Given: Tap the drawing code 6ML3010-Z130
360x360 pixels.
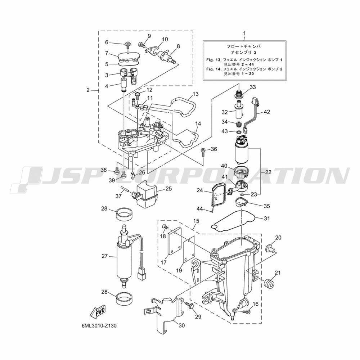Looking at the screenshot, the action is (99, 325).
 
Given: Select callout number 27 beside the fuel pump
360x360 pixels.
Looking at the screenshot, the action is (104, 256).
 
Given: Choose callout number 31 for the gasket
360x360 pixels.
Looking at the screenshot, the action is (266, 218).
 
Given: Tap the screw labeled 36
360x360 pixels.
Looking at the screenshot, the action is (203, 152).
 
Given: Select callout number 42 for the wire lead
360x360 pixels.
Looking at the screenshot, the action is (266, 112).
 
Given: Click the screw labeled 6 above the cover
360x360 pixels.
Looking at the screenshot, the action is (127, 45).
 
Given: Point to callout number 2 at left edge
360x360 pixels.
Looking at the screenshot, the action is (88, 90).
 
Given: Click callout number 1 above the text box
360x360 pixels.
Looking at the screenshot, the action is (244, 33).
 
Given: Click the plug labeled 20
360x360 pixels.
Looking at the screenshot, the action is (269, 248).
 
